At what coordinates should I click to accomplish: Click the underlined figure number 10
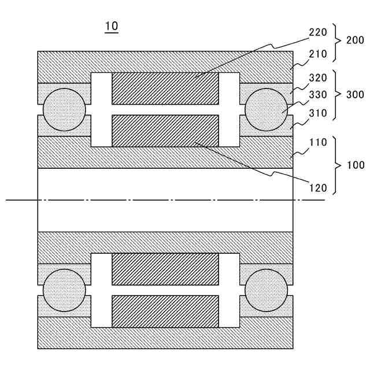pos(111,27)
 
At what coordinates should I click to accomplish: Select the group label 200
pos(354,40)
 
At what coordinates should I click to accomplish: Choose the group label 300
pos(354,94)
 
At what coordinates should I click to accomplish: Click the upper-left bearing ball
pos(64,109)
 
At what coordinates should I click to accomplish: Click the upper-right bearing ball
pos(266,109)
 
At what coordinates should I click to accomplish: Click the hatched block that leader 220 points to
pos(165,88)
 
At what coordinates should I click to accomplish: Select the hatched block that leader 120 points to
pos(165,131)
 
